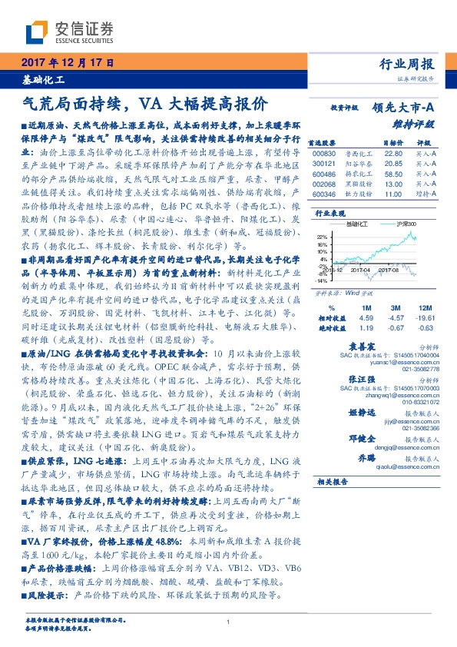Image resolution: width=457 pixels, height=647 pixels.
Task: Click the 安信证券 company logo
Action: (x=69, y=32)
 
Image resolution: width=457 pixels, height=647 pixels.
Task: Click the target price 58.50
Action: (x=392, y=174)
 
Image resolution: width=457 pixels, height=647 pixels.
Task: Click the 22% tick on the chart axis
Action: (x=323, y=236)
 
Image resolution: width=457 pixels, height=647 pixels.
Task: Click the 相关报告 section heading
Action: (x=333, y=482)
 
